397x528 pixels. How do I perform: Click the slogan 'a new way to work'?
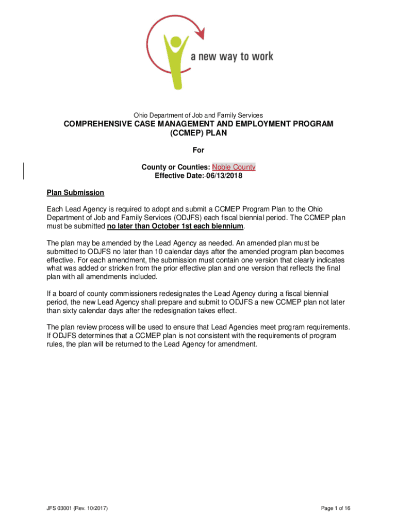(x=232, y=56)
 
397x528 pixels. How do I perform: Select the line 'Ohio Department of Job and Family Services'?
(x=198, y=115)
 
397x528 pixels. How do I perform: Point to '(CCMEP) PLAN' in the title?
(x=198, y=133)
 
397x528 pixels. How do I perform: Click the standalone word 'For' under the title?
(x=198, y=150)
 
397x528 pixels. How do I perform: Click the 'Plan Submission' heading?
(x=75, y=193)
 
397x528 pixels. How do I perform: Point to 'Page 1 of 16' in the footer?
(x=335, y=508)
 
